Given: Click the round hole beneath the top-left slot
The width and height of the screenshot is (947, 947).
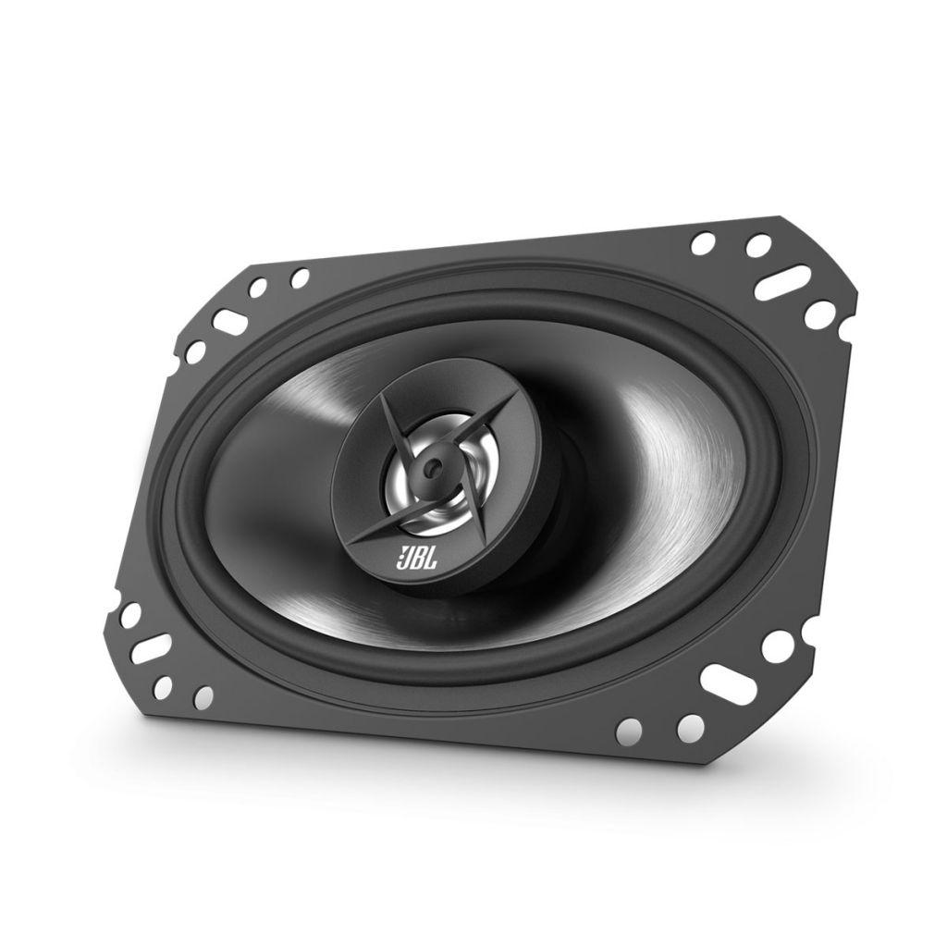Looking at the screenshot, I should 195,352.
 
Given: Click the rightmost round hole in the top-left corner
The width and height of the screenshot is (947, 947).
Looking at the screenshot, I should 299,277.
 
